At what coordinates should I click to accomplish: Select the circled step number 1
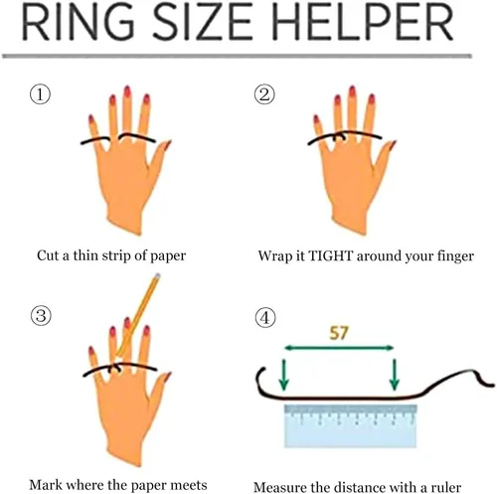[x=41, y=94]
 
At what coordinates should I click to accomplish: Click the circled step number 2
[x=264, y=94]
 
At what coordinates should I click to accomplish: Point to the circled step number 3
[x=41, y=315]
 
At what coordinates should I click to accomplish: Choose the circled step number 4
[x=264, y=318]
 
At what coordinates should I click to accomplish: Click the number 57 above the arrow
[x=339, y=333]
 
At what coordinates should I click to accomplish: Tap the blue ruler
[x=350, y=426]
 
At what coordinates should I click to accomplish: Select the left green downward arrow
[x=283, y=375]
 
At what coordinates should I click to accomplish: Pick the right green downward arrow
[x=394, y=375]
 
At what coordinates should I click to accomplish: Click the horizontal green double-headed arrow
[x=339, y=348]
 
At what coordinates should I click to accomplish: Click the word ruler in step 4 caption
[x=446, y=487]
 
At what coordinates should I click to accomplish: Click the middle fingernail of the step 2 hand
[x=352, y=91]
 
